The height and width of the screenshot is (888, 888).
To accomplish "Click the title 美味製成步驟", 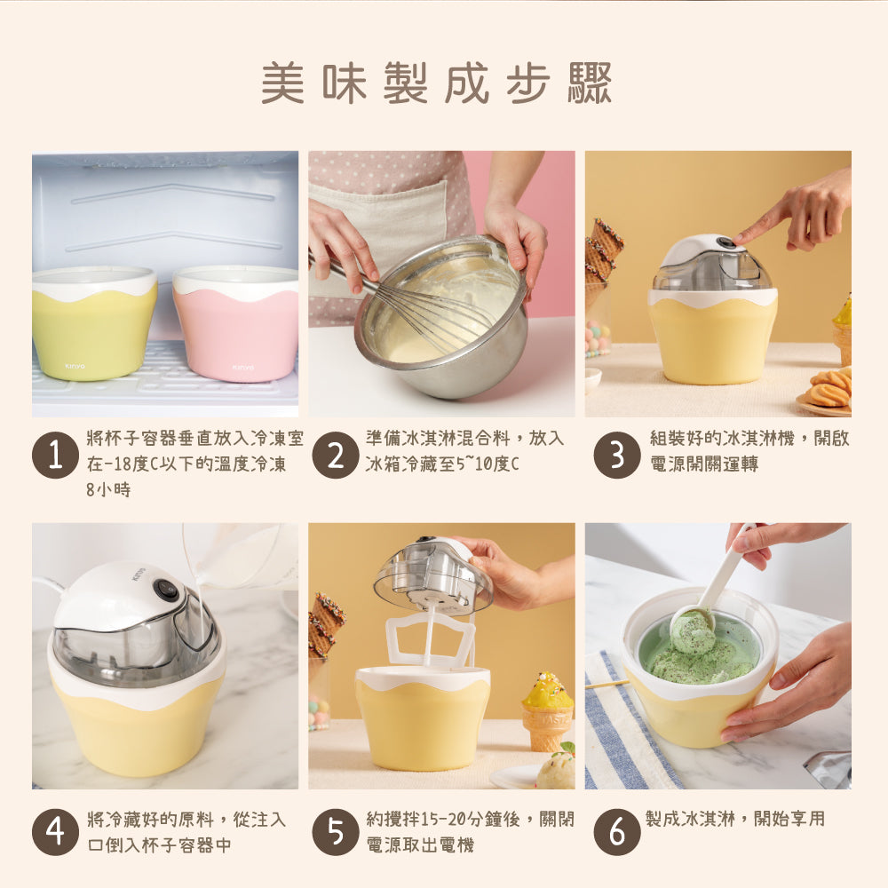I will pyautogui.click(x=437, y=84).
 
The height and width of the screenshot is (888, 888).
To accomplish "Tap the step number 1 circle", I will pyautogui.click(x=55, y=456).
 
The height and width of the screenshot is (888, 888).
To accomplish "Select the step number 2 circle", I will pyautogui.click(x=336, y=456).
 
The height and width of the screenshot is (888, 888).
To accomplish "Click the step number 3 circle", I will pyautogui.click(x=616, y=456).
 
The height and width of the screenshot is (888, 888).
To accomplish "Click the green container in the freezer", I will pyautogui.click(x=94, y=324).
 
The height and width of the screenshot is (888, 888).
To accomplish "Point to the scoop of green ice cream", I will pyautogui.click(x=693, y=632).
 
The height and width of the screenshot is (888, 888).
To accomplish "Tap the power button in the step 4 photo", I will pyautogui.click(x=165, y=588).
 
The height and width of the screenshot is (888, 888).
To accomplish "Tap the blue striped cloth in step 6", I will pyautogui.click(x=626, y=728).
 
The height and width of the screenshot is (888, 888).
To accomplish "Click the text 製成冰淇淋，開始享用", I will pyautogui.click(x=734, y=819).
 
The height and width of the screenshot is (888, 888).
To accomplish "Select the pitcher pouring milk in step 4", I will pyautogui.click(x=244, y=555).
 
